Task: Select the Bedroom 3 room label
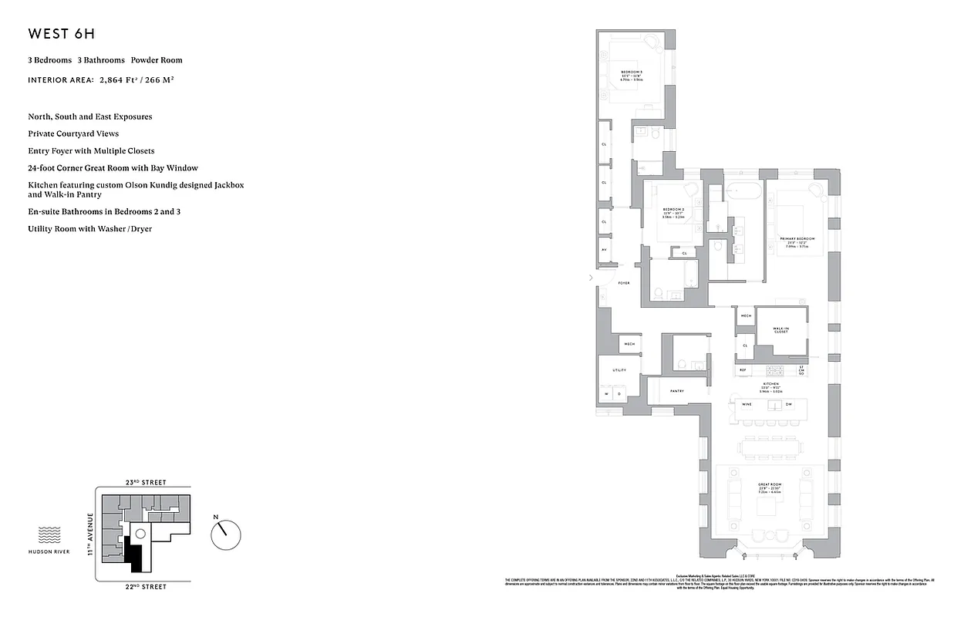click(x=632, y=72)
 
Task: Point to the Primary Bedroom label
click(x=797, y=239)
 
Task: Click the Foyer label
click(x=624, y=283)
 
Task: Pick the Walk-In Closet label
click(x=781, y=329)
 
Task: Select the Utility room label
click(x=619, y=370)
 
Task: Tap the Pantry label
click(x=677, y=391)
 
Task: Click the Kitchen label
click(x=770, y=383)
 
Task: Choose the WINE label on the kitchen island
click(x=746, y=405)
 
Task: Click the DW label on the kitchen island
click(x=788, y=405)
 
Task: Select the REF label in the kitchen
click(x=743, y=370)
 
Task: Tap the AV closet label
click(x=604, y=250)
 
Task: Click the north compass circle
click(x=226, y=532)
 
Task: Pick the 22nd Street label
click(x=145, y=587)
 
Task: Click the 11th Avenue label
click(x=90, y=534)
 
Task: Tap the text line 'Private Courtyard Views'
click(x=73, y=133)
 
